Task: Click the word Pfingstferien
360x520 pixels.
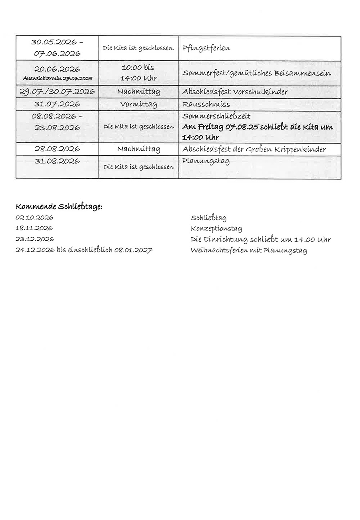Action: coord(206,48)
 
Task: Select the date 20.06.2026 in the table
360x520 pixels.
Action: coord(57,69)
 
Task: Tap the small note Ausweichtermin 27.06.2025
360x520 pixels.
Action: coord(57,78)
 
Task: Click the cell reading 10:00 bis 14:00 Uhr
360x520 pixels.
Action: coord(138,73)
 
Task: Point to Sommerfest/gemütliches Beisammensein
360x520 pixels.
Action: coord(256,73)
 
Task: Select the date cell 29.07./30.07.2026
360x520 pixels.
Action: coord(57,92)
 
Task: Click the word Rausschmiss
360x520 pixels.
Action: coord(206,104)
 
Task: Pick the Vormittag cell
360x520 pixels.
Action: coord(138,104)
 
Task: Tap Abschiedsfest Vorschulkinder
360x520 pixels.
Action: coord(235,92)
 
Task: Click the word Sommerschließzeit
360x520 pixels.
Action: coord(216,116)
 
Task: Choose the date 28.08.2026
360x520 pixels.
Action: coord(57,149)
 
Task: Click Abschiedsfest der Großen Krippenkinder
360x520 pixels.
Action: coord(254,149)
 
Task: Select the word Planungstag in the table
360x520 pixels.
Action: coord(206,161)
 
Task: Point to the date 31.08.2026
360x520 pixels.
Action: coord(57,161)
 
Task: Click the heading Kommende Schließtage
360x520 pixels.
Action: coord(59,207)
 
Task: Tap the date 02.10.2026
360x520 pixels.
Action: coord(34,218)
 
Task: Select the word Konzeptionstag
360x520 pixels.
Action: coord(216,229)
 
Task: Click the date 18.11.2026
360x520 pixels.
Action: coord(34,228)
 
